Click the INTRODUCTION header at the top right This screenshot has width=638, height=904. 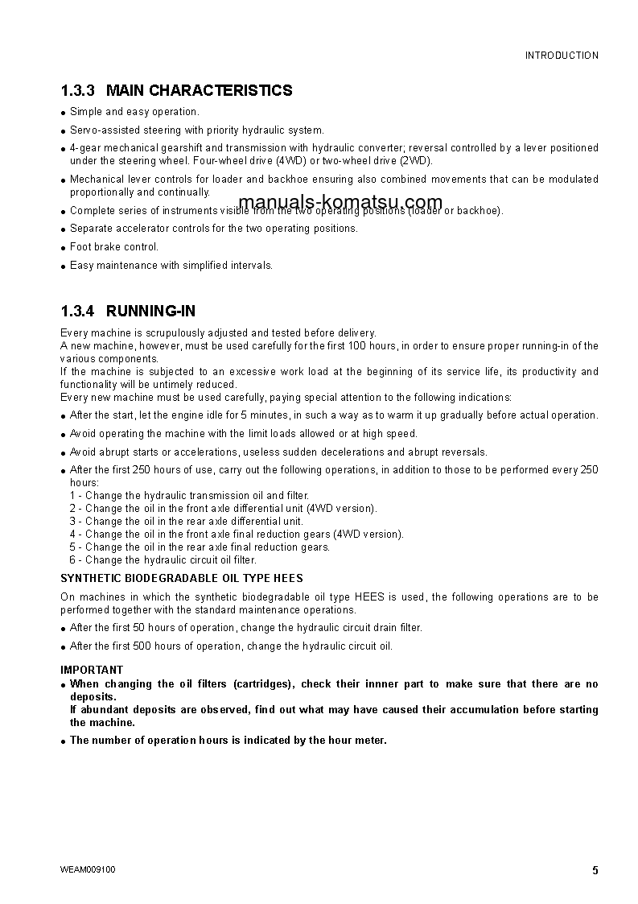click(x=562, y=56)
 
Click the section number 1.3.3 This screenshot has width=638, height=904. click(x=78, y=91)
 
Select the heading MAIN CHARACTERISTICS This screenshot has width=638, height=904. click(x=199, y=91)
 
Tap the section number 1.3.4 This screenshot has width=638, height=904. click(x=78, y=312)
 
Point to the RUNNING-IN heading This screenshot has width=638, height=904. click(x=150, y=312)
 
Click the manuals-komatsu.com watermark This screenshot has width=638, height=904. click(x=340, y=202)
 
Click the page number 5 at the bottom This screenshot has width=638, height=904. click(x=595, y=870)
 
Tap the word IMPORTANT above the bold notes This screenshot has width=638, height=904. click(x=92, y=670)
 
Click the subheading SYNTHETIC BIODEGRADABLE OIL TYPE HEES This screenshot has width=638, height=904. click(x=182, y=578)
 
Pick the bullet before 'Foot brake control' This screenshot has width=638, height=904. click(x=64, y=248)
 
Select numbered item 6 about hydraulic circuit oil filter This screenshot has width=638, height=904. click(x=163, y=559)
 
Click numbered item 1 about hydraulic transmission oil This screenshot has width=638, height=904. click(x=189, y=495)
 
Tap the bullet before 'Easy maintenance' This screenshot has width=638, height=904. click(x=64, y=266)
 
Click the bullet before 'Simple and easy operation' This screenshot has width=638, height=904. click(x=64, y=113)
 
